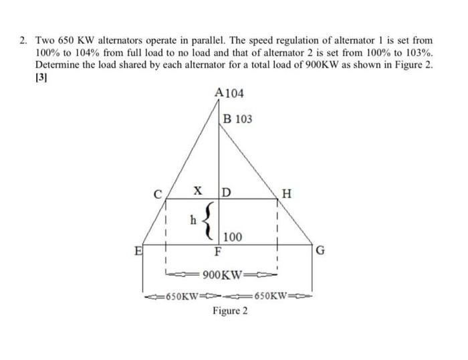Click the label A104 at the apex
(230, 93)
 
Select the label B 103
(238, 119)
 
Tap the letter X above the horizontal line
(198, 191)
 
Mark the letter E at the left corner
(138, 252)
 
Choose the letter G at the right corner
(320, 252)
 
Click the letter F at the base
(217, 252)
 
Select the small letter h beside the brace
(193, 219)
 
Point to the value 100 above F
(233, 238)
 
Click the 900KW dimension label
(221, 275)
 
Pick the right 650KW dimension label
(271, 296)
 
